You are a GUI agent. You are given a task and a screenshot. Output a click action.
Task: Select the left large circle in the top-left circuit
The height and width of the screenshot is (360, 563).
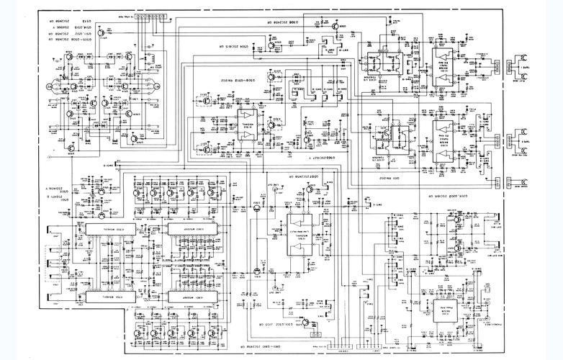click(50, 87)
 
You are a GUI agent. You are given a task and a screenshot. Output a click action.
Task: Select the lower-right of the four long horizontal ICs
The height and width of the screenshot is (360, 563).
click(187, 295)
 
